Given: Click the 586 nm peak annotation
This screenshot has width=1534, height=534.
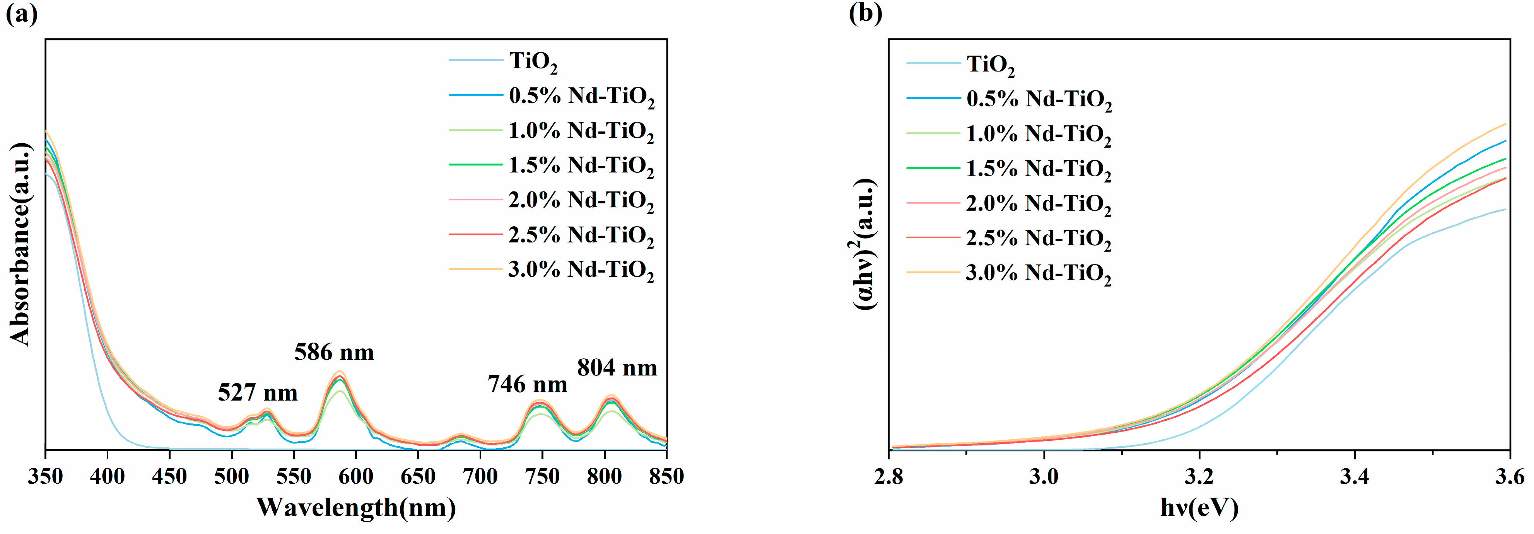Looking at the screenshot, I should point(334,352).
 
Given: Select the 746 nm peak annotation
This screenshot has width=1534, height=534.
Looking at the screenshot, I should point(527,385).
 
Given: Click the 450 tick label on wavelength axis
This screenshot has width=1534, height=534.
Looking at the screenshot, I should point(169,476).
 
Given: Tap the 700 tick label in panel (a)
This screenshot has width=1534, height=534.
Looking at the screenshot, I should point(480,476).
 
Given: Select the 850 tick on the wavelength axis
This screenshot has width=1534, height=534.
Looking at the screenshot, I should point(666,476).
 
